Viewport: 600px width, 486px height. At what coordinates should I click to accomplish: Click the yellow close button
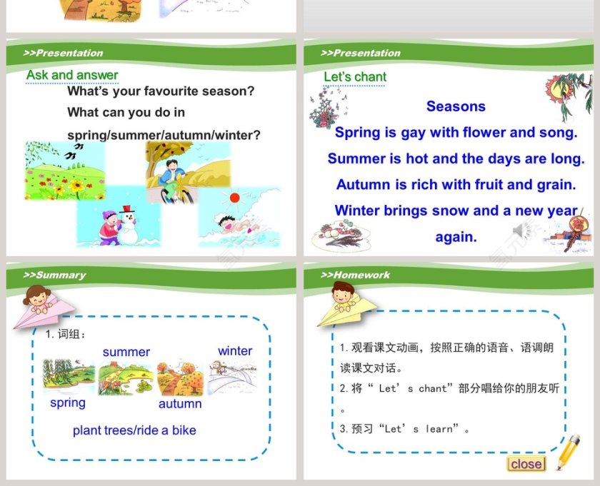click(526, 464)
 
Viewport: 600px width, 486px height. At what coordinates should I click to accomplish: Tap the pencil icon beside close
click(568, 452)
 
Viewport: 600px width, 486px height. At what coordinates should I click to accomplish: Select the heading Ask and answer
click(72, 75)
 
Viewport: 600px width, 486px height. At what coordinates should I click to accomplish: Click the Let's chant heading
click(355, 77)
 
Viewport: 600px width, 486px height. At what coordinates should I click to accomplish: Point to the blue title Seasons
click(456, 106)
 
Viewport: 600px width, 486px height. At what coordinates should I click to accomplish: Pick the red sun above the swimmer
click(234, 198)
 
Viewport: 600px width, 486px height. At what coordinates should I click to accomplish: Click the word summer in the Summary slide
click(126, 352)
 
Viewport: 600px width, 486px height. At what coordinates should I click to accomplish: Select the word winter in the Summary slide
click(235, 351)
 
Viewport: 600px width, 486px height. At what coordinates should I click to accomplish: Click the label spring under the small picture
click(68, 403)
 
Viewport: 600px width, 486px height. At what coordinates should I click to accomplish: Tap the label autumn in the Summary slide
click(180, 404)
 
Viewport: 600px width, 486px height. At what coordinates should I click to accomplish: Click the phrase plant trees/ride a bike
click(134, 430)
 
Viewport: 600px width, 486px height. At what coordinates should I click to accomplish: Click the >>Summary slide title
click(54, 275)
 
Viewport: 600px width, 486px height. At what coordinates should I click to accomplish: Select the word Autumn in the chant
click(364, 184)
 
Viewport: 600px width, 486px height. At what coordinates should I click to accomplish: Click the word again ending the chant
click(456, 237)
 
